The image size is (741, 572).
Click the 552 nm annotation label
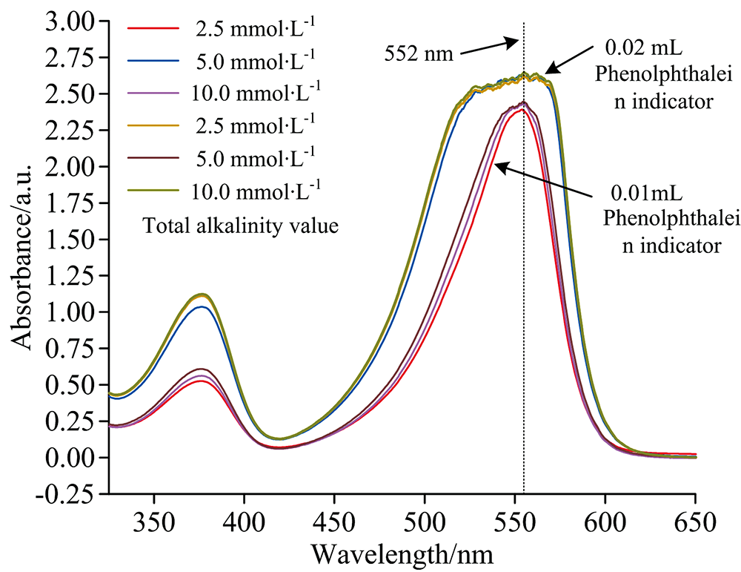click(x=417, y=53)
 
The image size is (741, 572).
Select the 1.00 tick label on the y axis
click(x=69, y=312)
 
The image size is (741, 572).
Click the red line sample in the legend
click(x=154, y=29)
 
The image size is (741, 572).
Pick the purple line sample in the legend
click(x=154, y=93)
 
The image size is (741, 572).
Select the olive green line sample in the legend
click(x=154, y=191)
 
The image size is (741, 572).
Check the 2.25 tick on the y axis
click(x=69, y=131)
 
